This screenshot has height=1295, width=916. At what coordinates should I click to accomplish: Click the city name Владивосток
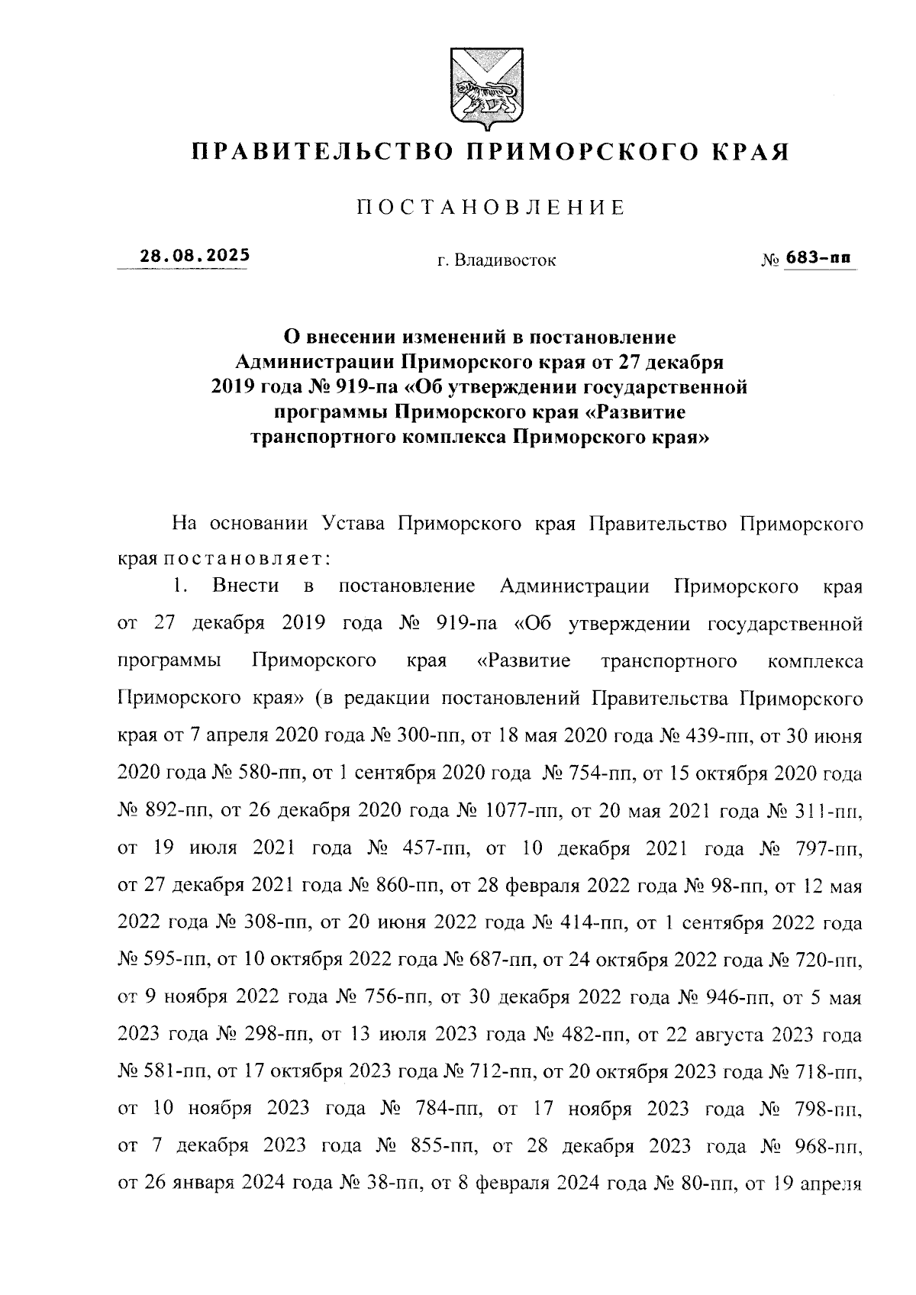click(x=505, y=261)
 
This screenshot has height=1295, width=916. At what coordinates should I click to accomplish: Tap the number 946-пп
click(x=735, y=999)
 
